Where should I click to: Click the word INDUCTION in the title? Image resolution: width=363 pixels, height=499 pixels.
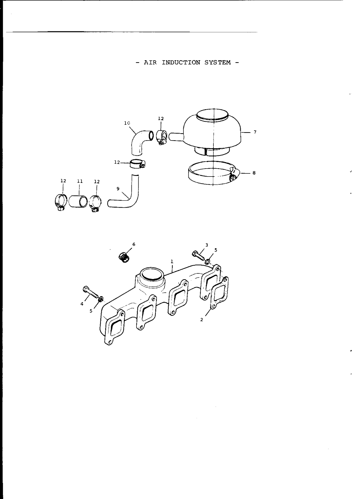[181, 62]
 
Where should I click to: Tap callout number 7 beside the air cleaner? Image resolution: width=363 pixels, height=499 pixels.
[255, 132]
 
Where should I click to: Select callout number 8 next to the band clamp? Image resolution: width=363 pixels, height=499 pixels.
[254, 173]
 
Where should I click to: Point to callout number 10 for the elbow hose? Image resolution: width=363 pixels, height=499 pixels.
[127, 123]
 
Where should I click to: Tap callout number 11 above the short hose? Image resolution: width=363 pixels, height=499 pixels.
[80, 181]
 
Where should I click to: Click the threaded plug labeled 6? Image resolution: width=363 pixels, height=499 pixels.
[124, 257]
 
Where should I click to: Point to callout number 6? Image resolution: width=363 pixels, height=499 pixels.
[134, 244]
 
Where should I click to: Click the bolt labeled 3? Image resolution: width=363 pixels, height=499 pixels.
[198, 255]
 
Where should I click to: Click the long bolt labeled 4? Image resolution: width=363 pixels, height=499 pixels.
[90, 292]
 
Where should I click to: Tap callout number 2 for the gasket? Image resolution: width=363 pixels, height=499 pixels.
[201, 320]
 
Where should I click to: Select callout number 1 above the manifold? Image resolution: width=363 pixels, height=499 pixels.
[172, 261]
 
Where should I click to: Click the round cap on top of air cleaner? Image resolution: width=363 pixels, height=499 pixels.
[212, 114]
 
